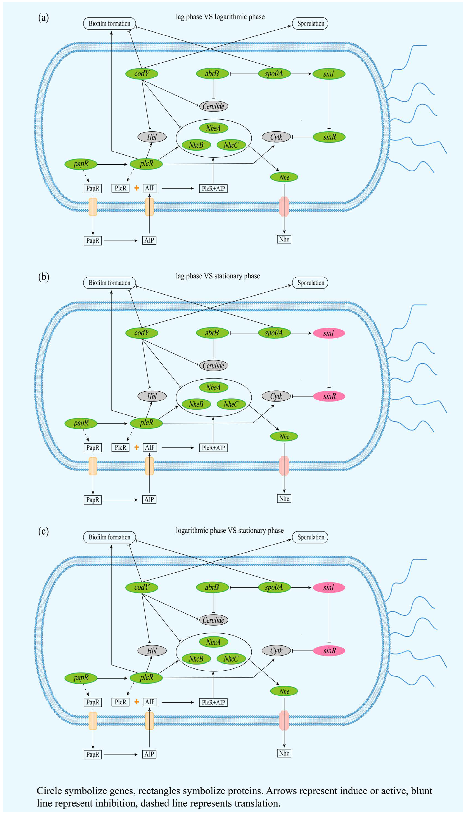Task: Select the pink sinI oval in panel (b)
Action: [x=329, y=333]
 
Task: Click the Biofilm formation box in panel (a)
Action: [x=109, y=24]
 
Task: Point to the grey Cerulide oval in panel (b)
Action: [x=213, y=366]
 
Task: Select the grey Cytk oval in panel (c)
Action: [x=276, y=651]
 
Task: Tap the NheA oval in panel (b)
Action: [x=213, y=388]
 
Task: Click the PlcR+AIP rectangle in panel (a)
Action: [x=213, y=189]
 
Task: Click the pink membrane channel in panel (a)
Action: [x=284, y=206]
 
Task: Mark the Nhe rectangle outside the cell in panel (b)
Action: [x=284, y=498]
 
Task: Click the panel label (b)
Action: [x=44, y=277]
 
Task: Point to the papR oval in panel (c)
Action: [x=81, y=678]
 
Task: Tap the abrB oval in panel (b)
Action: [x=212, y=333]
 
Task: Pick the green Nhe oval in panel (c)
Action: [x=284, y=691]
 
